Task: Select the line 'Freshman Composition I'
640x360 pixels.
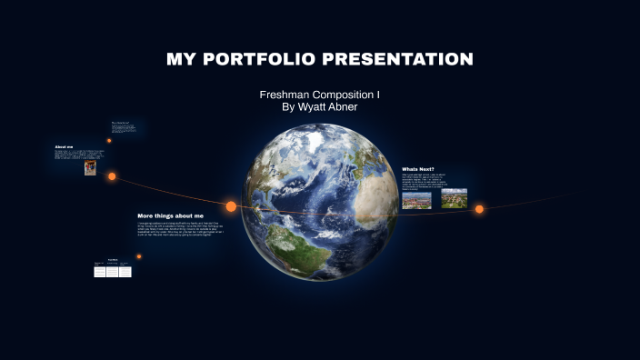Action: pyautogui.click(x=319, y=95)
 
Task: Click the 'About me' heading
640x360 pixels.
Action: pyautogui.click(x=64, y=147)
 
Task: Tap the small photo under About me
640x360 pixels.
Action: pyautogui.click(x=90, y=168)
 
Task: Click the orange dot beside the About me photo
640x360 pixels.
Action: pyautogui.click(x=112, y=176)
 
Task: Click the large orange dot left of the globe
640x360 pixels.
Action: pyautogui.click(x=231, y=206)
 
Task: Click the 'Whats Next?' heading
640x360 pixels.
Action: pyautogui.click(x=418, y=169)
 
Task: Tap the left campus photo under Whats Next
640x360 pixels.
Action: pyautogui.click(x=416, y=198)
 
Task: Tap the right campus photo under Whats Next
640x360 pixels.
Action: pyautogui.click(x=454, y=197)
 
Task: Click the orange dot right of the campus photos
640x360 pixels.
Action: pyautogui.click(x=479, y=209)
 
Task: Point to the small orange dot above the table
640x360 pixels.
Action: pyautogui.click(x=139, y=256)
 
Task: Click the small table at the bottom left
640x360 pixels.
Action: pyautogui.click(x=113, y=270)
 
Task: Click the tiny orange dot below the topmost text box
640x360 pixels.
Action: pyautogui.click(x=109, y=141)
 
